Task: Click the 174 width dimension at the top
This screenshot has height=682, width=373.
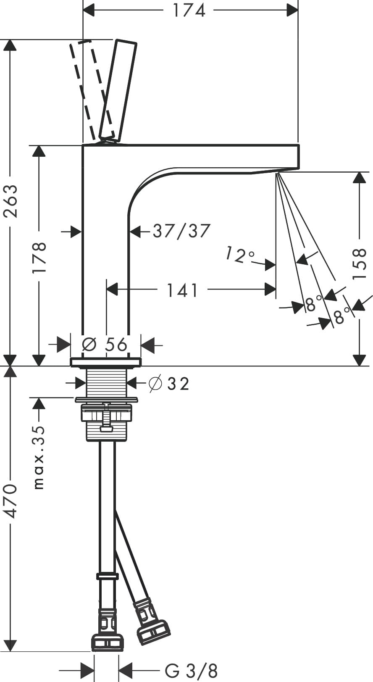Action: pos(189,10)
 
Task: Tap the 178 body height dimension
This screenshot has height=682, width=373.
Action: pos(39,257)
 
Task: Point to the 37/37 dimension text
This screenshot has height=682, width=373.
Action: pos(181,231)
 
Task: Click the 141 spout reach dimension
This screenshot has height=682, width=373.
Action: pos(182,290)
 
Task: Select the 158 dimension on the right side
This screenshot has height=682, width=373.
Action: pos(360,264)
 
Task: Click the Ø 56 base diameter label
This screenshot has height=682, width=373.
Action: pos(105,345)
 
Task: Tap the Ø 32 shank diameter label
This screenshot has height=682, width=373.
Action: pos(170,383)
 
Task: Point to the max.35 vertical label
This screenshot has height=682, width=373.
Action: pos(39,457)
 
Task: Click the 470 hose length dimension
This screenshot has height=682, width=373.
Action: pos(11,500)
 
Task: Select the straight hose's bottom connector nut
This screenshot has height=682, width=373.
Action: pos(108,642)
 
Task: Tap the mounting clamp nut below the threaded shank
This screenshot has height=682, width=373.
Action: pos(107,413)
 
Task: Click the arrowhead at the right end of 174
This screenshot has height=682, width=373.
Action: pos(292,10)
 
